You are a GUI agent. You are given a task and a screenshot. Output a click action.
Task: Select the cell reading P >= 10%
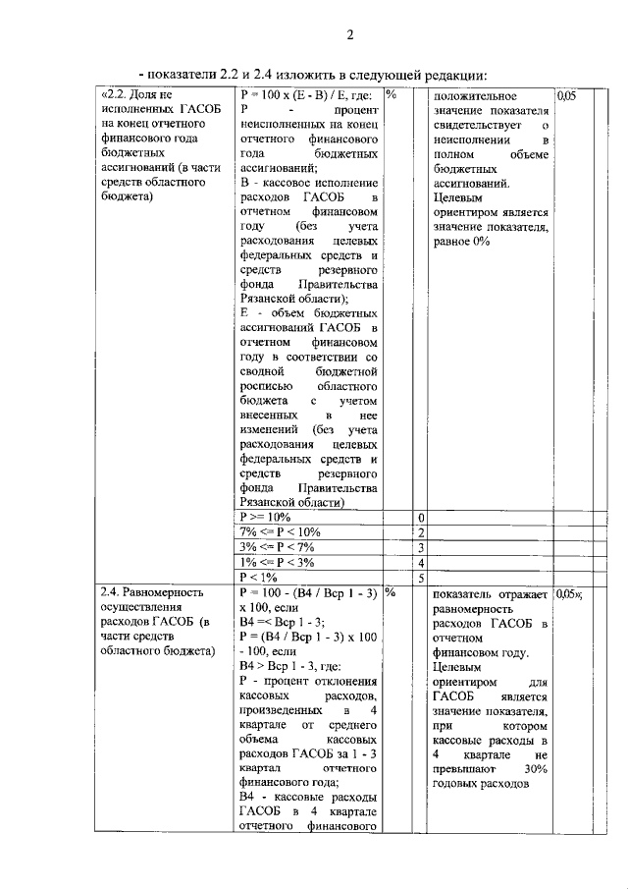[266, 517]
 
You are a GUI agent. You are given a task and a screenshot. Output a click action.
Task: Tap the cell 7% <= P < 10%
[280, 531]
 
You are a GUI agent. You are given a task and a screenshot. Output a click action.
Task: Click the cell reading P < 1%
[259, 578]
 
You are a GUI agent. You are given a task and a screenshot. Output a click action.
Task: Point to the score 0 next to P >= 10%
[421, 518]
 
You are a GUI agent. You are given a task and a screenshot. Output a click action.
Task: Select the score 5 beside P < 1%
[421, 579]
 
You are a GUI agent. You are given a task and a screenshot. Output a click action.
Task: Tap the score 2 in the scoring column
[421, 532]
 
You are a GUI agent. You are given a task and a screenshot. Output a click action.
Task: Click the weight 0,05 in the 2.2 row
[567, 96]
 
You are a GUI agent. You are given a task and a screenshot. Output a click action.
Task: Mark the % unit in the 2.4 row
[391, 592]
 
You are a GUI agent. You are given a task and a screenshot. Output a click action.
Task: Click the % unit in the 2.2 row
[391, 95]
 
